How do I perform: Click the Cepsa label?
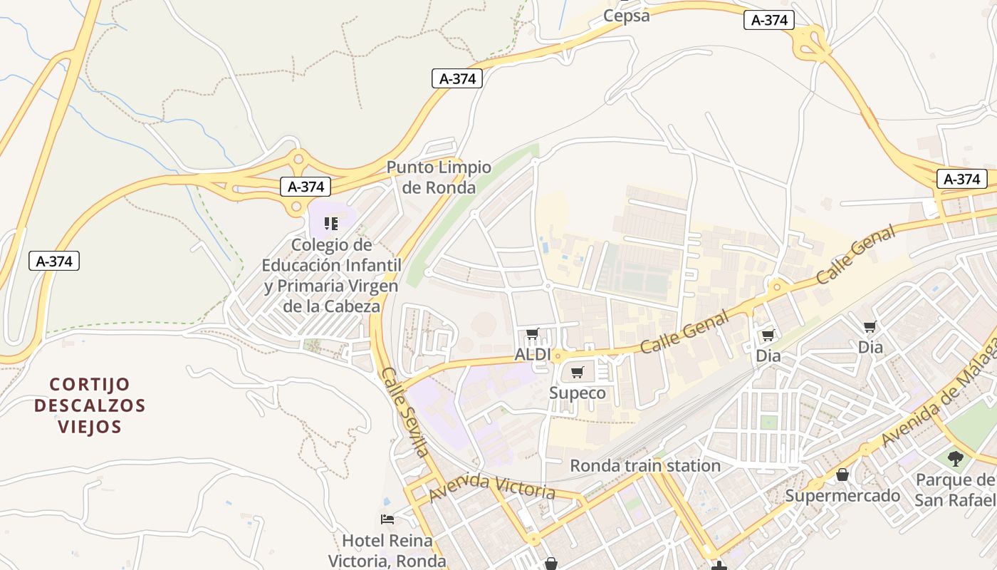coord(626,16)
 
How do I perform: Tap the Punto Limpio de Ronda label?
coord(439,177)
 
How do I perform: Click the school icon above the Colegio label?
coord(330,224)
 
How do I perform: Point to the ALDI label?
coord(533,354)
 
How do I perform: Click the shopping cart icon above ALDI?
coord(532,333)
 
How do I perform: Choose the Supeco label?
coord(578,393)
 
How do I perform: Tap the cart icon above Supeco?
coord(578,372)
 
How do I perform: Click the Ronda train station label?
coord(645,466)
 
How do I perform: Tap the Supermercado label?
coord(842,495)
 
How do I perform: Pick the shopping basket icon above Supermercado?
coord(842,475)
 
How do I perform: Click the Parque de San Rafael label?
coord(954,489)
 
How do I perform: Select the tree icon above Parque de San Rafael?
coord(955,458)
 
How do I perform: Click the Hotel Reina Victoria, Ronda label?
coord(387,550)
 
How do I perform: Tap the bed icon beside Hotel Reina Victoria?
coord(387,519)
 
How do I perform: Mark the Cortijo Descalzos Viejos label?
coord(90,405)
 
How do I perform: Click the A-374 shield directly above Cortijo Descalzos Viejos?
coord(54,261)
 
